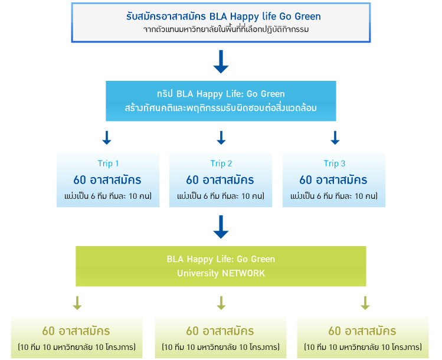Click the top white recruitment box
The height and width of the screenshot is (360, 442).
(220, 22)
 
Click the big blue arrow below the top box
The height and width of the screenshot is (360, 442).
(221, 61)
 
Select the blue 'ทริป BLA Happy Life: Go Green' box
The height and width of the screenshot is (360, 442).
(221, 100)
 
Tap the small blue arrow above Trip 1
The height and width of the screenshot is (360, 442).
(107, 138)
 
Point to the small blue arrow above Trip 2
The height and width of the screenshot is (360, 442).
(221, 138)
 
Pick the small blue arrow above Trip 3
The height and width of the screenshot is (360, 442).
(335, 138)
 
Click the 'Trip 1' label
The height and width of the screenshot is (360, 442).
(108, 163)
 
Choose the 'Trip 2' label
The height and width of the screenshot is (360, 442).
(221, 163)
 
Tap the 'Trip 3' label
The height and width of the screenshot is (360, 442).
(334, 163)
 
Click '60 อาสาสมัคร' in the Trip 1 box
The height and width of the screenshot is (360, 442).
(107, 179)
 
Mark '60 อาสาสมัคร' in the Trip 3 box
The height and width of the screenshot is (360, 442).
(333, 179)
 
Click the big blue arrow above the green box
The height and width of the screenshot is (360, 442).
(221, 227)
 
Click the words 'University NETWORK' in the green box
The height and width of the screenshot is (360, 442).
(220, 273)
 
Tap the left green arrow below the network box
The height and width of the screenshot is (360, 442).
(77, 303)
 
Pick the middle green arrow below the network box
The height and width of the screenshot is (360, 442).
(221, 303)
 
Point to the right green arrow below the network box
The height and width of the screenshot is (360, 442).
(365, 303)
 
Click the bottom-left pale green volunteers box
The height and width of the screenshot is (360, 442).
(77, 337)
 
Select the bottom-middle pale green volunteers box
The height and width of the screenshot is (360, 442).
(221, 337)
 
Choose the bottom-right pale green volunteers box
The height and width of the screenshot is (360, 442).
(363, 337)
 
